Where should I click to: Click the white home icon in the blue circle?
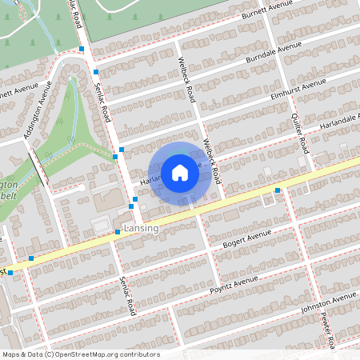point(180,173)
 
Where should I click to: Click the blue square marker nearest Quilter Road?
point(278,190)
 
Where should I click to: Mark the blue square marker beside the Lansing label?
point(118,232)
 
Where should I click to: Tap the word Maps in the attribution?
point(11,354)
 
